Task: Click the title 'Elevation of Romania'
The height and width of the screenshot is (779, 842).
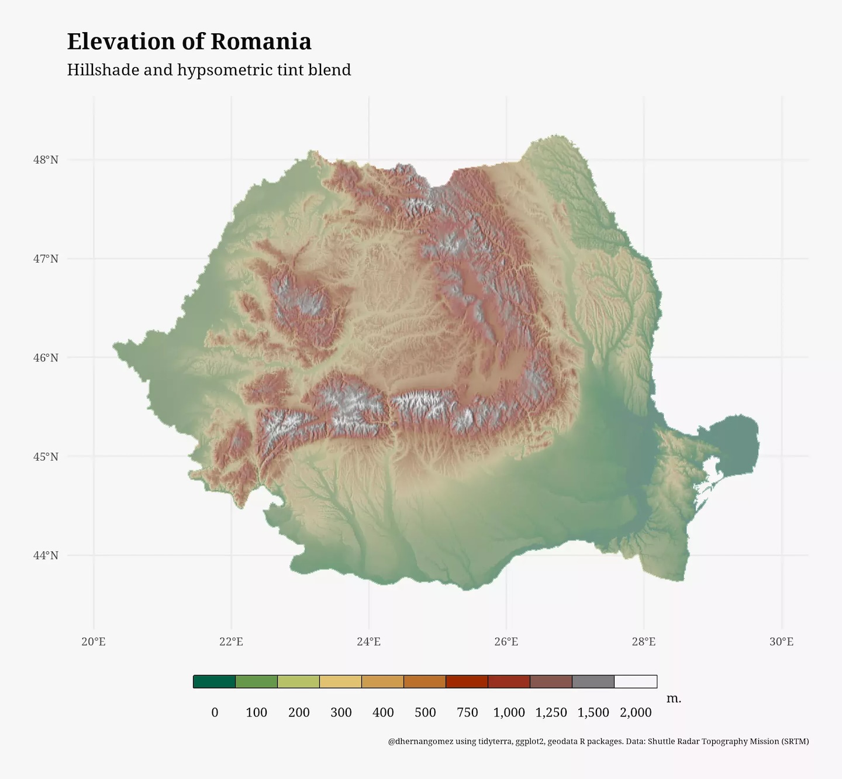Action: pyautogui.click(x=189, y=42)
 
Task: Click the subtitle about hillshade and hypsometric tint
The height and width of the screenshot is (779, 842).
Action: pyautogui.click(x=209, y=70)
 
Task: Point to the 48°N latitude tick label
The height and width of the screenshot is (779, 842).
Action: pyautogui.click(x=46, y=160)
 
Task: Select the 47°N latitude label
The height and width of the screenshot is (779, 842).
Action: pyautogui.click(x=46, y=258)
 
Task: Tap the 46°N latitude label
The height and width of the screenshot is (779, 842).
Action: pyautogui.click(x=46, y=357)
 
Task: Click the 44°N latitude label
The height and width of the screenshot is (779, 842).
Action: pyautogui.click(x=46, y=555)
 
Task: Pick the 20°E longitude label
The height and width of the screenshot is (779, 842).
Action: pyautogui.click(x=94, y=642)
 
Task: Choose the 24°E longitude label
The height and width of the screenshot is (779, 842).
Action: pyautogui.click(x=368, y=642)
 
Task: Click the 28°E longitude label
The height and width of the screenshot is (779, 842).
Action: pyautogui.click(x=643, y=642)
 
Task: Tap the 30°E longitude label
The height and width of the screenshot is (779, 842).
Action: pyautogui.click(x=781, y=642)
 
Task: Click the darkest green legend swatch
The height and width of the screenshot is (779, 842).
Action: pyautogui.click(x=214, y=681)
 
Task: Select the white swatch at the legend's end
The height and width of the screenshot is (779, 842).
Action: pyautogui.click(x=636, y=681)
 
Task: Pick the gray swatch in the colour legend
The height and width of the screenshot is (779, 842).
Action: pyautogui.click(x=593, y=681)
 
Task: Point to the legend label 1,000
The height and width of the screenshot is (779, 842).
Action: pyautogui.click(x=509, y=712)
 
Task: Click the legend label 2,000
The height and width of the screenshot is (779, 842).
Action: pyautogui.click(x=636, y=712)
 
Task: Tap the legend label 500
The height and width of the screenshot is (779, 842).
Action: pyautogui.click(x=425, y=712)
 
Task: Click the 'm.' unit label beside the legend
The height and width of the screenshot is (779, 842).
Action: pyautogui.click(x=674, y=698)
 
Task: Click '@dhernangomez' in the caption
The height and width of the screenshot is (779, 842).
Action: pyautogui.click(x=420, y=742)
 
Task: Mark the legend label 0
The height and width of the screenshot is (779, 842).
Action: pyautogui.click(x=215, y=712)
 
